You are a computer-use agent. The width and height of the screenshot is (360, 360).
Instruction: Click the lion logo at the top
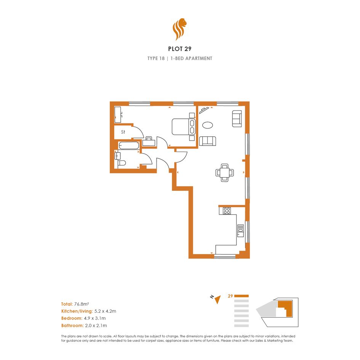click(x=179, y=29)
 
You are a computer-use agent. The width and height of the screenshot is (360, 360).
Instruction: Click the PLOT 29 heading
click(x=179, y=49)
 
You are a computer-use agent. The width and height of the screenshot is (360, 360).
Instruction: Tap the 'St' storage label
click(x=123, y=132)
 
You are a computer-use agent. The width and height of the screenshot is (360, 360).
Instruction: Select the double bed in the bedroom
click(x=184, y=127)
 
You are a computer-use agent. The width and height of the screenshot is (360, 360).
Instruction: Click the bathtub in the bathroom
click(x=129, y=146)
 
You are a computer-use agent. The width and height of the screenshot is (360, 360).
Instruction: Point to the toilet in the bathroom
click(x=122, y=163)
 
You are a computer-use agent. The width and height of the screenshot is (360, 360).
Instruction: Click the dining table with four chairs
click(x=224, y=173)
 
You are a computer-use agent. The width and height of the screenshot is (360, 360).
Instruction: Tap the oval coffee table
click(x=208, y=125)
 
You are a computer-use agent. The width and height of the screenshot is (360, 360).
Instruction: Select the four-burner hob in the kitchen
click(x=227, y=211)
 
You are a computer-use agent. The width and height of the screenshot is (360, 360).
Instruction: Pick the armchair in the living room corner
click(x=237, y=119)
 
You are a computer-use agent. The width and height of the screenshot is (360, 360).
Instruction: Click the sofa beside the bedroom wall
click(x=208, y=141)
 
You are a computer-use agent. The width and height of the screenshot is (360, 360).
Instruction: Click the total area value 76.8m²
click(x=82, y=304)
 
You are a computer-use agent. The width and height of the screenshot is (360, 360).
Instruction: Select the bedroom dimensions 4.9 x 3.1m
click(x=95, y=318)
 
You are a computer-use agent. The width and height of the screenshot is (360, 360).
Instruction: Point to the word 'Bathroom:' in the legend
click(x=72, y=326)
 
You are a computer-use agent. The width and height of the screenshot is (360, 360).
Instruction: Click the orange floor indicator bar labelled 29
click(x=241, y=296)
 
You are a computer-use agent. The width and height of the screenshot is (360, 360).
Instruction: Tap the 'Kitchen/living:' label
click(x=77, y=311)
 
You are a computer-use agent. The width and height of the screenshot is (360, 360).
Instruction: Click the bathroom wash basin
click(x=118, y=156)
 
